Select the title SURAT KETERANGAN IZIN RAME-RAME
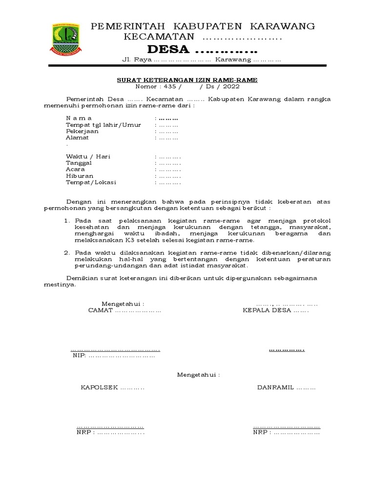(x=187, y=80)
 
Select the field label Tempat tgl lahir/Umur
(x=104, y=125)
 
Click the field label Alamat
(x=77, y=137)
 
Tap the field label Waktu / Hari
(x=88, y=156)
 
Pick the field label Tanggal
(x=79, y=163)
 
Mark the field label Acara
(x=76, y=169)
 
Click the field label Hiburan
(x=80, y=175)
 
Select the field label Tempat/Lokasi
(x=91, y=182)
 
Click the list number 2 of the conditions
(x=67, y=252)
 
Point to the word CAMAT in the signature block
(x=100, y=310)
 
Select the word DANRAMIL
(x=275, y=388)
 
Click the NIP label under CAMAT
(x=78, y=356)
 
